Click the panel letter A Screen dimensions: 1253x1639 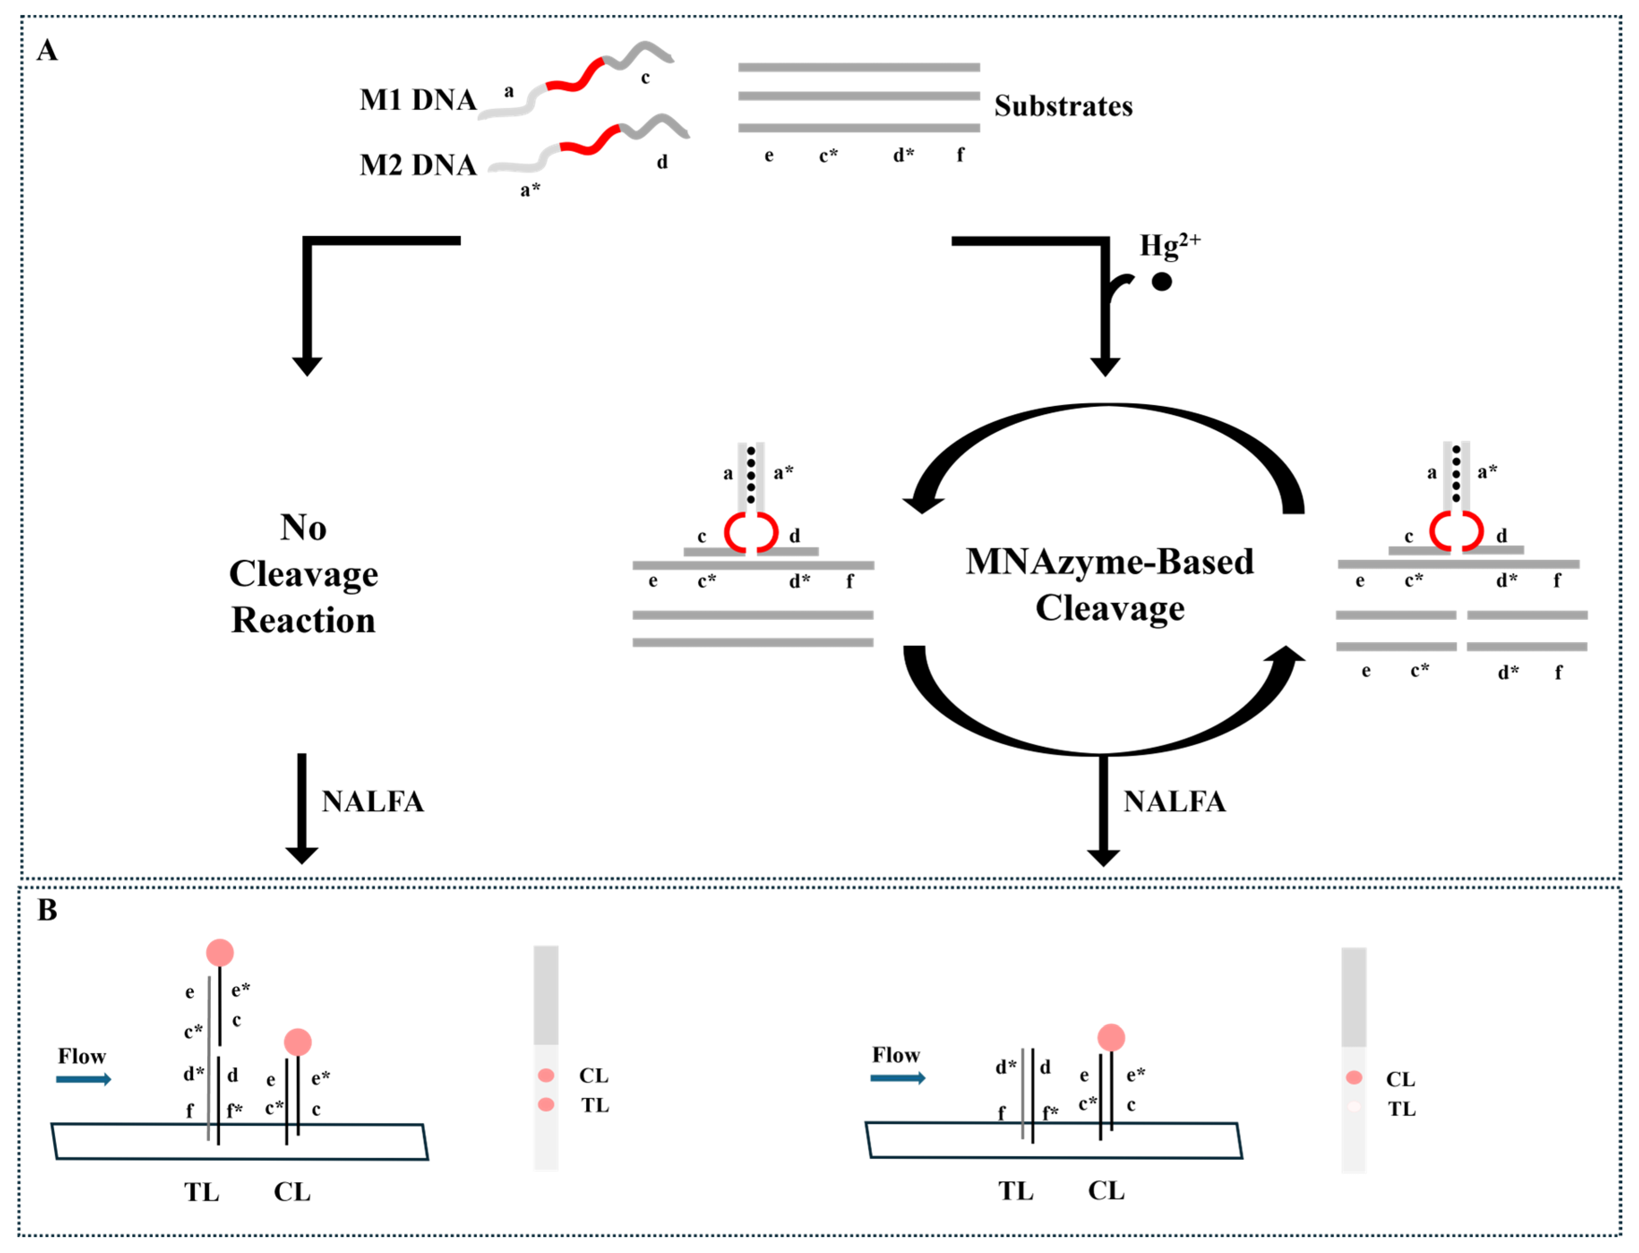47,51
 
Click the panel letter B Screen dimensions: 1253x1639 47,911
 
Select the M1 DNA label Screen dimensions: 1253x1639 418,100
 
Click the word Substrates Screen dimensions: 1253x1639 1062,107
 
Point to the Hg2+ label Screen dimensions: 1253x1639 1168,244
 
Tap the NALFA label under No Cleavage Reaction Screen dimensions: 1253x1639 372,802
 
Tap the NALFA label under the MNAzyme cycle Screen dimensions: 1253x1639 1174,802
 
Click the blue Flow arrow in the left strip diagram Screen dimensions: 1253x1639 84,1079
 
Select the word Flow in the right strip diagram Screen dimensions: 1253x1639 895,1055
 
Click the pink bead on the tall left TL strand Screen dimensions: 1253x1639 219,953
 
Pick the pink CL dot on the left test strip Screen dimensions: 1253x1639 546,1075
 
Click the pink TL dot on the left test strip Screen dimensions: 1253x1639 546,1104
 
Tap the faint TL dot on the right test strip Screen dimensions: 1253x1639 1353,1107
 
